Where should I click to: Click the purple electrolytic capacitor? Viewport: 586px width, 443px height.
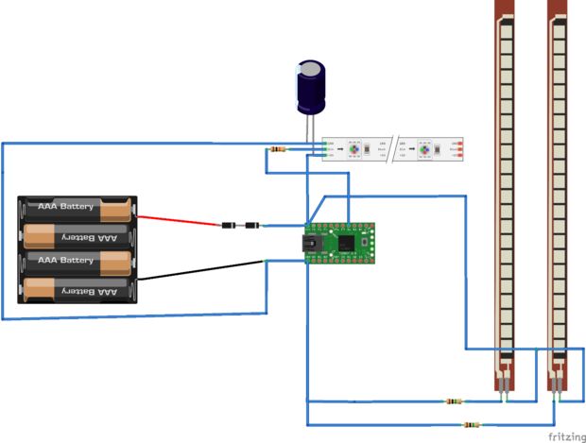[x=311, y=87]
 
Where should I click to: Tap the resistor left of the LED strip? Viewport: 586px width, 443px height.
[x=276, y=149]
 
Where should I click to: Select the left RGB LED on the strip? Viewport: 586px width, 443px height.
[x=353, y=149]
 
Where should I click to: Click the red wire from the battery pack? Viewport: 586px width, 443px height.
[x=180, y=221]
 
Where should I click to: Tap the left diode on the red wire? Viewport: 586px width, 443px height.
[x=229, y=226]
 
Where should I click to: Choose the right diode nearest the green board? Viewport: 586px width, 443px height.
[x=252, y=226]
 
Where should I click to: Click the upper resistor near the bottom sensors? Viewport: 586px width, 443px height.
[x=456, y=401]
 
